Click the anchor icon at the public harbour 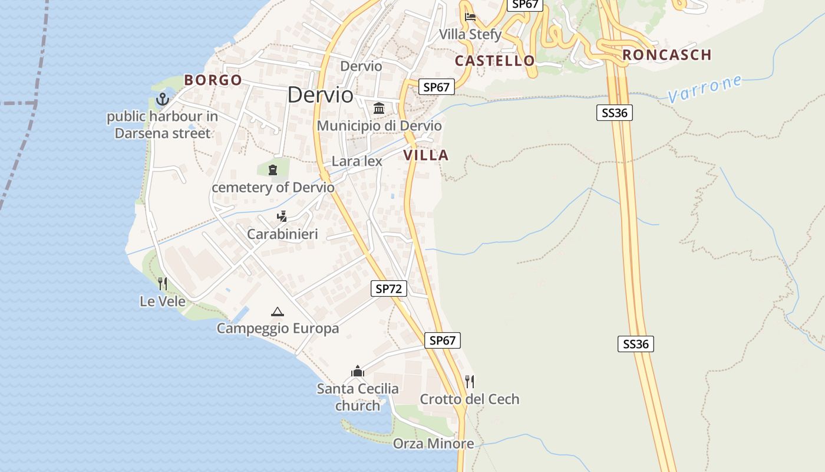pos(162,99)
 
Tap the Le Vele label pos(163,301)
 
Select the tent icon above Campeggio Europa pos(277,312)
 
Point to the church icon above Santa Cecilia pos(357,372)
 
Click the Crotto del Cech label pos(470,399)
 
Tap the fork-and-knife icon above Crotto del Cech pos(470,382)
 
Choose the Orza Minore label pos(433,443)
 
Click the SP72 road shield pos(389,289)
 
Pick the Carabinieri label pos(282,234)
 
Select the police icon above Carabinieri pos(282,217)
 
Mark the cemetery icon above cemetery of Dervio pos(272,171)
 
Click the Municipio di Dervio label pos(379,126)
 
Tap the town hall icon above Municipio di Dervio pos(379,109)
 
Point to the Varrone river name pos(705,88)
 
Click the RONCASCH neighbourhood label pos(667,55)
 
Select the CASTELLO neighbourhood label pos(495,60)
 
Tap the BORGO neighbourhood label pos(213,80)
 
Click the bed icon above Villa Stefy pos(470,17)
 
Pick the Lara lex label pos(357,161)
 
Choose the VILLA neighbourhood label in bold pos(426,155)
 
